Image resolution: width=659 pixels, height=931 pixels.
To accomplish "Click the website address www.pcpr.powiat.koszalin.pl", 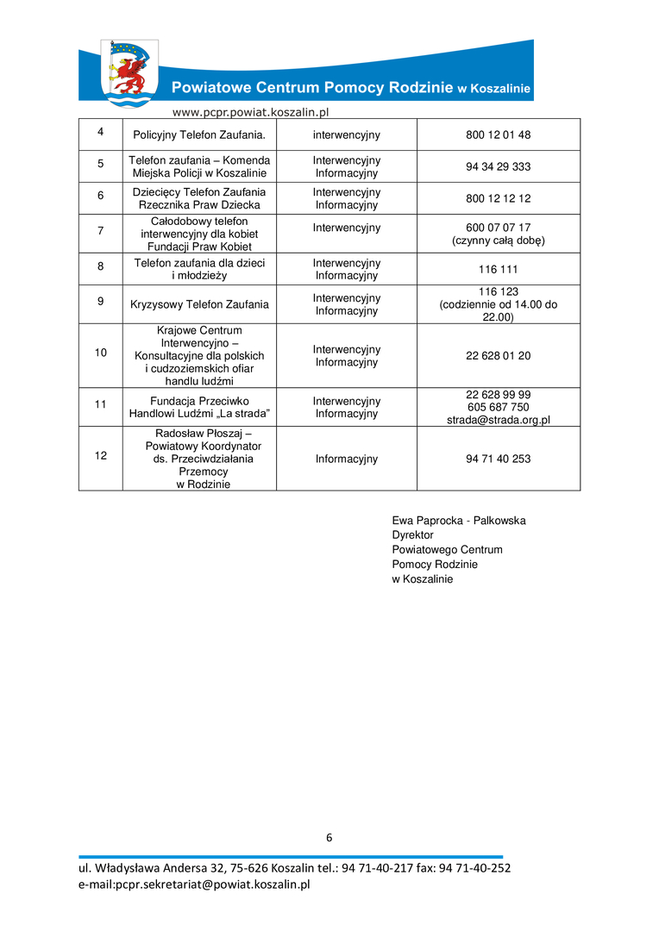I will pyautogui.click(x=251, y=111).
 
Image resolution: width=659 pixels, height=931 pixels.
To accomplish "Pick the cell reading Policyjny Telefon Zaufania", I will pyautogui.click(x=199, y=135).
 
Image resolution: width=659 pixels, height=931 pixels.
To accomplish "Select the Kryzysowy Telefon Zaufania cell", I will pyautogui.click(x=199, y=304).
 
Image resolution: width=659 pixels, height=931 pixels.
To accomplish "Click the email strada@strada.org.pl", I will pyautogui.click(x=499, y=420).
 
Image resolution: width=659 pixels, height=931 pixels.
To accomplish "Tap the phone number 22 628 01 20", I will pyautogui.click(x=498, y=356).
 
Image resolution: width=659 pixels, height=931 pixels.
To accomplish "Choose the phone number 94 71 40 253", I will pyautogui.click(x=498, y=459).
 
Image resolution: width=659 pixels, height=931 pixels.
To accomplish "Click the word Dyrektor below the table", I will pyautogui.click(x=412, y=535).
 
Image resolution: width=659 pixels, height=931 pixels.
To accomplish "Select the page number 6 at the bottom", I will pyautogui.click(x=329, y=837).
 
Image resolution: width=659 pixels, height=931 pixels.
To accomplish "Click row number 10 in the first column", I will pyautogui.click(x=100, y=353).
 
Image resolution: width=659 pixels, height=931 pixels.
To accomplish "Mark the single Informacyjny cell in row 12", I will pyautogui.click(x=346, y=459).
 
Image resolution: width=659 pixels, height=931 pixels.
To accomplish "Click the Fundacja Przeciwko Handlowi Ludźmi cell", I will pyautogui.click(x=199, y=407).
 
